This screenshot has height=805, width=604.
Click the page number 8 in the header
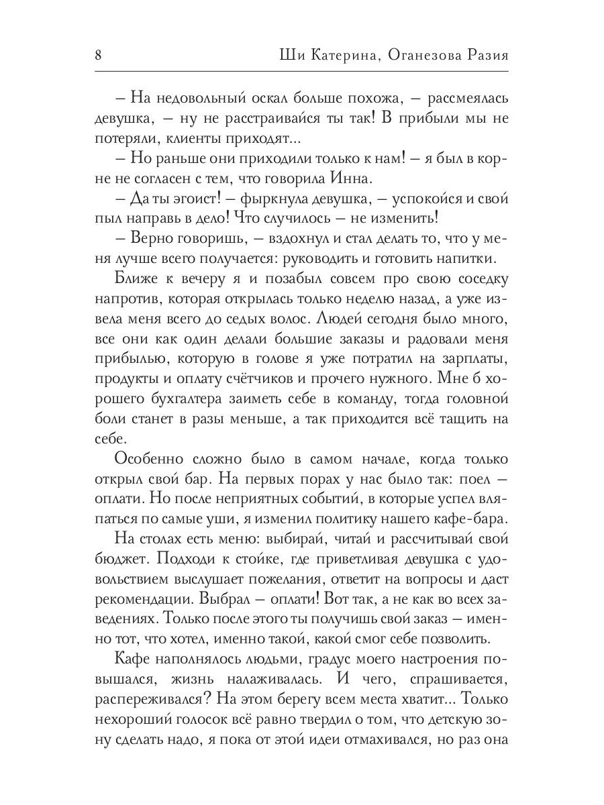click(x=98, y=55)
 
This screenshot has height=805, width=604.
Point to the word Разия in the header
click(x=486, y=55)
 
